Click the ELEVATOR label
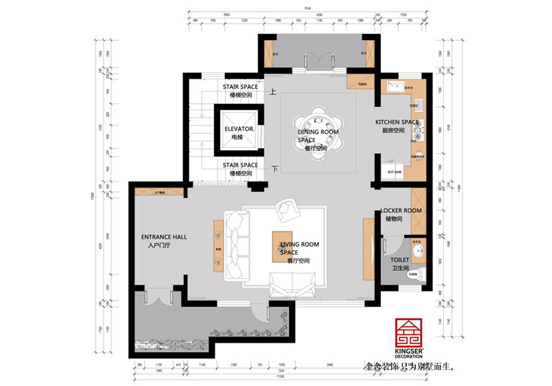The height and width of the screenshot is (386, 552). click(240, 129)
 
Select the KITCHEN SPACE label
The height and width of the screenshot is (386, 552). click(397, 122)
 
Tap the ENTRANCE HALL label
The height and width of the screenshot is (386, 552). click(164, 236)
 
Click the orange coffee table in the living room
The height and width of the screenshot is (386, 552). click(284, 245)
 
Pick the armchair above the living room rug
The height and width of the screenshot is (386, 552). click(286, 208)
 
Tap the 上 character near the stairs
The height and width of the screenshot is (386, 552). click(273, 90)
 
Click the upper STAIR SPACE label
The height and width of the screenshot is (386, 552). click(240, 87)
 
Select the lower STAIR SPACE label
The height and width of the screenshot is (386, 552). click(240, 165)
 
